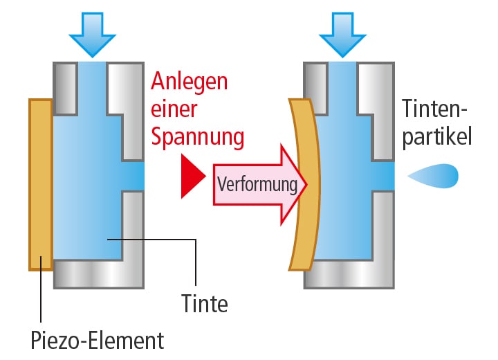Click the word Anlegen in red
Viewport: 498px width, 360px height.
pyautogui.click(x=190, y=82)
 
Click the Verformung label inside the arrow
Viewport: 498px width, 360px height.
pyautogui.click(x=257, y=185)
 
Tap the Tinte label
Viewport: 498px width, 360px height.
pyautogui.click(x=204, y=303)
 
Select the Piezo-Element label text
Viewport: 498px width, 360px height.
pyautogui.click(x=98, y=341)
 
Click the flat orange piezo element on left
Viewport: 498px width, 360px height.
pyautogui.click(x=41, y=184)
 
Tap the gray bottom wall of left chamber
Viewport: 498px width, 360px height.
pyautogui.click(x=98, y=274)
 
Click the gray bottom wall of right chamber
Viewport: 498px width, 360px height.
pyautogui.click(x=349, y=274)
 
